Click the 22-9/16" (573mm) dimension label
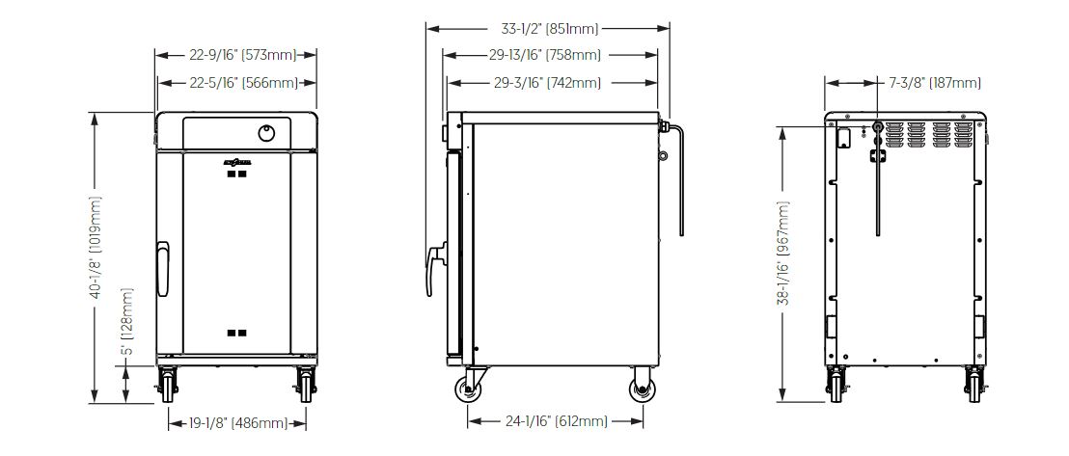pos(235,55)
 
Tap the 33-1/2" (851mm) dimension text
pos(549,29)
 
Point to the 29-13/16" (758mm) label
pos(551,55)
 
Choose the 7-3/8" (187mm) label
pos(936,83)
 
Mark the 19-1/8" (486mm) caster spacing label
pos(238,423)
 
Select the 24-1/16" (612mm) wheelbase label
pos(556,421)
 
